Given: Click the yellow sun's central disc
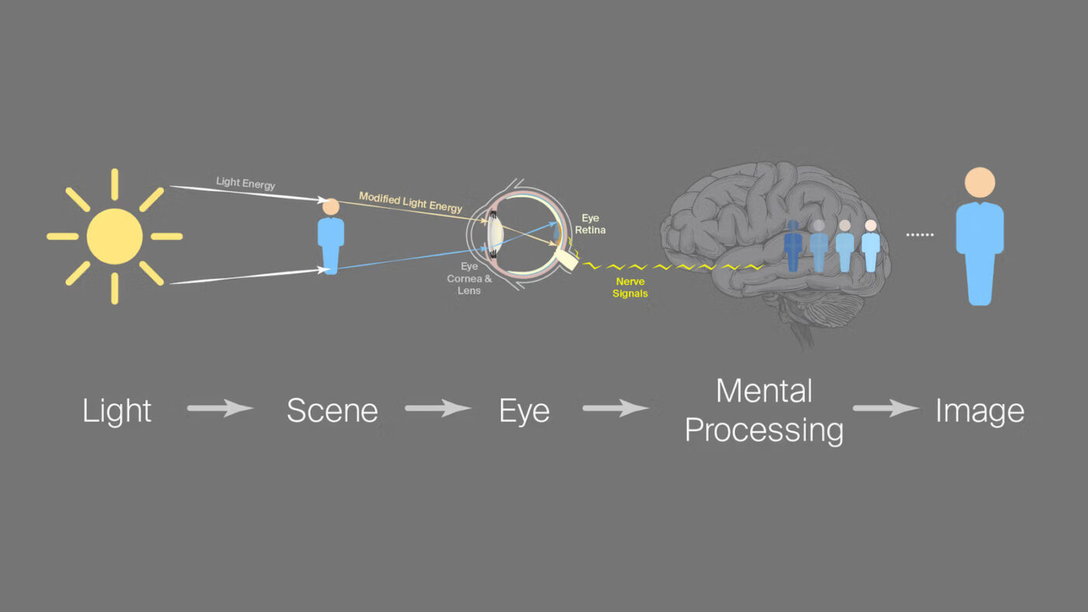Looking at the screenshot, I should (115, 236).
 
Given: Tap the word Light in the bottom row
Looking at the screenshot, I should (117, 411).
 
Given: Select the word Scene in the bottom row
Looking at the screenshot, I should (332, 411).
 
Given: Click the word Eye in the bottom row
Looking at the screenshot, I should (525, 411).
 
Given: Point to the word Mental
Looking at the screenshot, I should (764, 391).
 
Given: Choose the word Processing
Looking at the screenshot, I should (764, 429).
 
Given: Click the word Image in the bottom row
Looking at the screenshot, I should (979, 411).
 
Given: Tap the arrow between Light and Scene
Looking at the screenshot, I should (220, 408).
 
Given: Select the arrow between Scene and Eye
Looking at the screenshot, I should (438, 408).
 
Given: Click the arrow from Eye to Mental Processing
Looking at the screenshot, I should (615, 408).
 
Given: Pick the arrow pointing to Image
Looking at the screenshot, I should (886, 408).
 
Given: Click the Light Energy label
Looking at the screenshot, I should (246, 183).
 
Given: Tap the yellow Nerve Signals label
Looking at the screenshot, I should (630, 289).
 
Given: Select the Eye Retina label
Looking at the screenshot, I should (590, 224).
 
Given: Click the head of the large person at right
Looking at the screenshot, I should (979, 183).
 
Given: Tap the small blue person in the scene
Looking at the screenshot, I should (330, 236).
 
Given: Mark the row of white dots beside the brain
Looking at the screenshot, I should (919, 235).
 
